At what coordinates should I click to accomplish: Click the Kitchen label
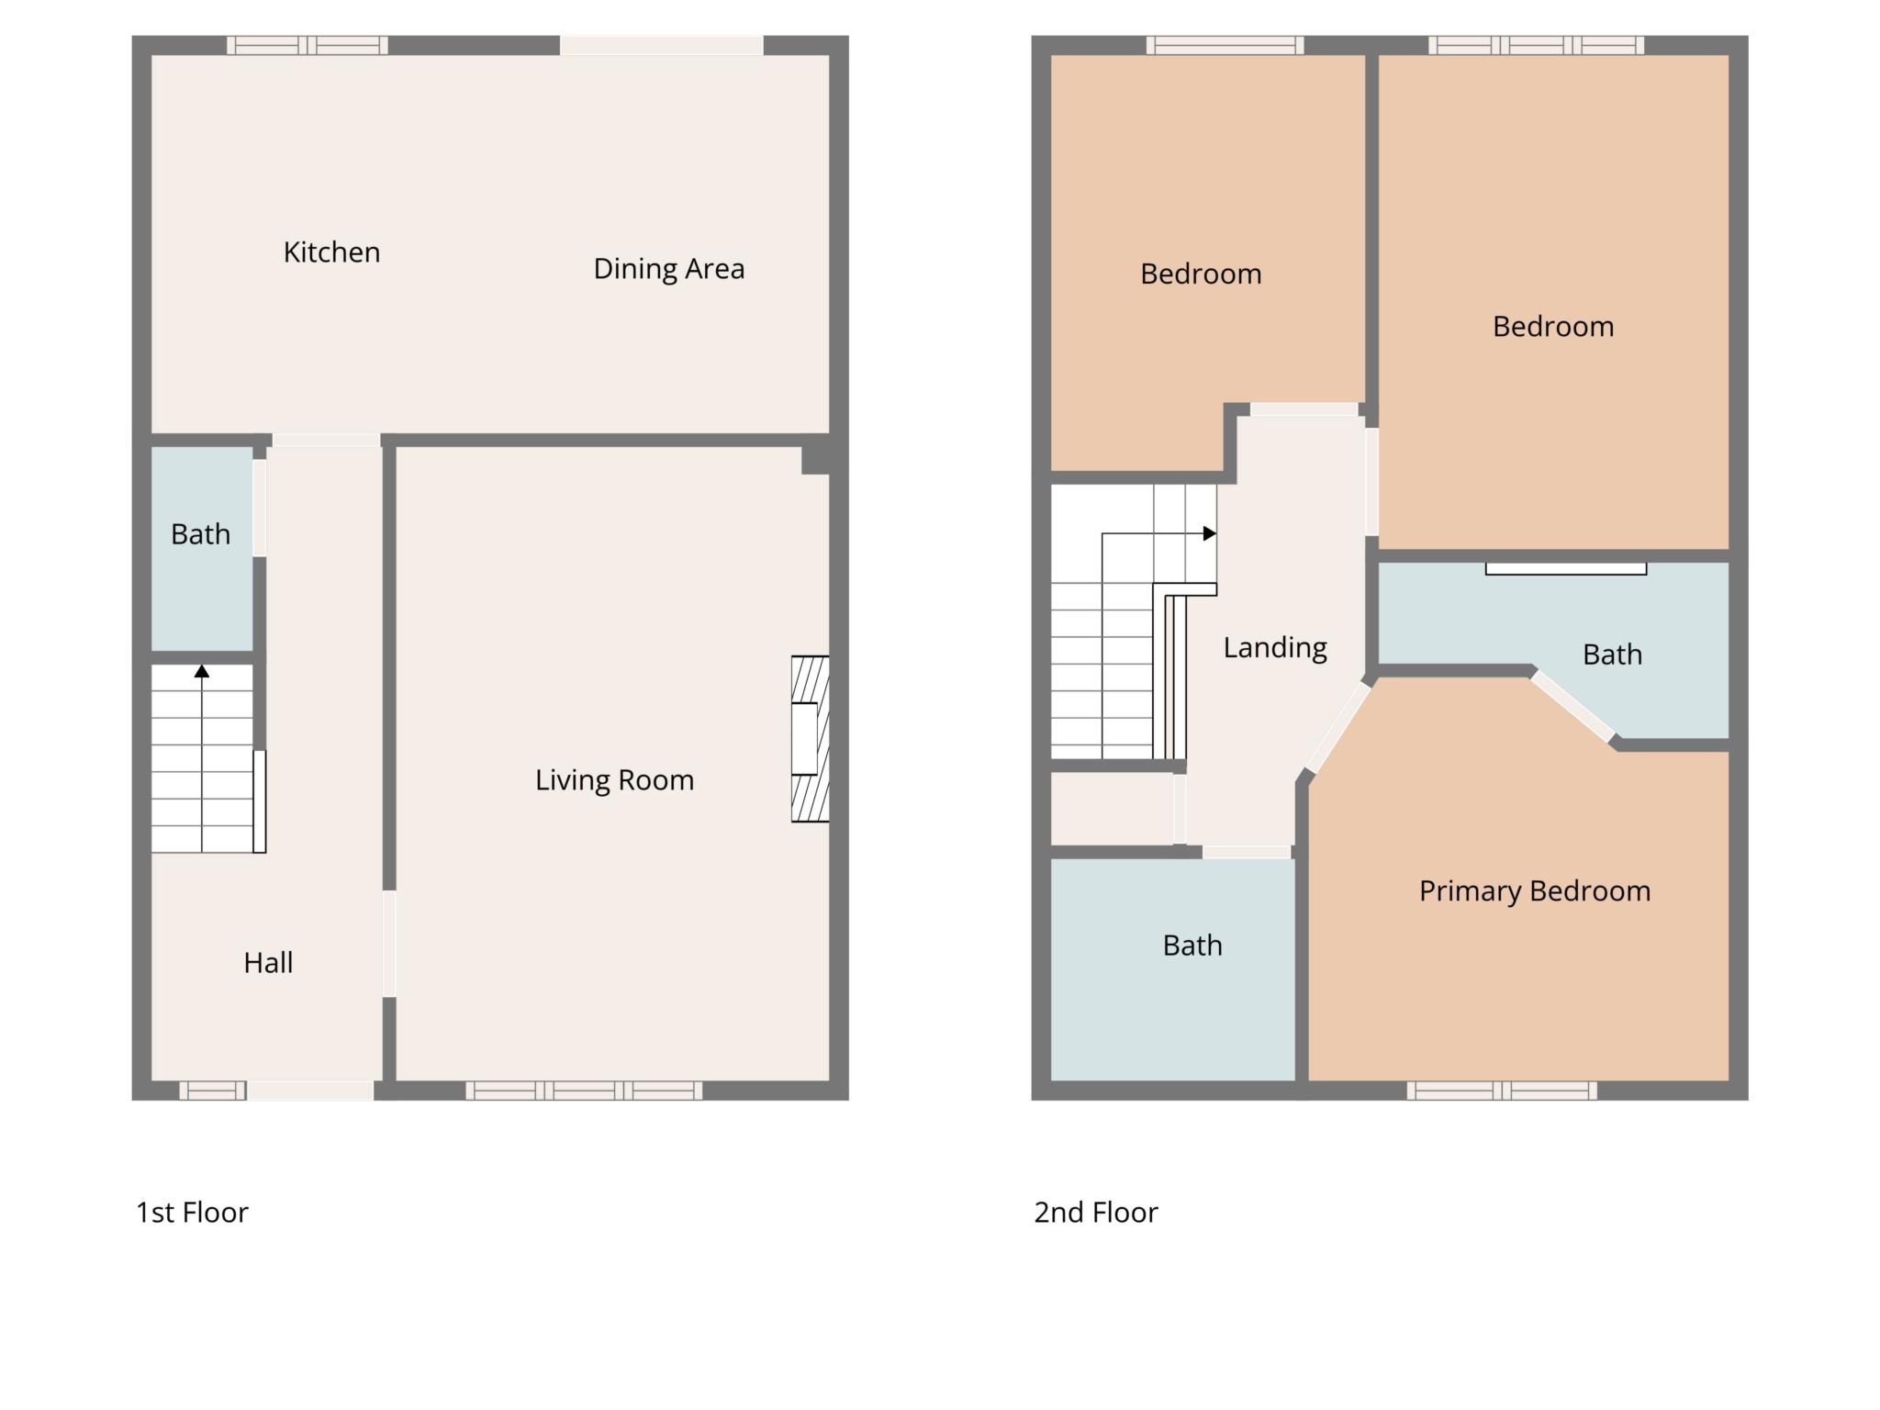point(331,252)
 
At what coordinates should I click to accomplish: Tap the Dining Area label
point(668,269)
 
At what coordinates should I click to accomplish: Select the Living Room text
point(614,780)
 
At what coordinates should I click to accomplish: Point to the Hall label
point(268,963)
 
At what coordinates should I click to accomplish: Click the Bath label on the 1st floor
point(200,534)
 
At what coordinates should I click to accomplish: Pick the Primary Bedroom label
point(1535,891)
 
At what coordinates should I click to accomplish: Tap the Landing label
point(1275,648)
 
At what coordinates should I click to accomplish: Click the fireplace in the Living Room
point(811,738)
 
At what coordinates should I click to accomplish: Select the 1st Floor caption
point(192,1213)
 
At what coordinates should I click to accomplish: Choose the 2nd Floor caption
point(1096,1213)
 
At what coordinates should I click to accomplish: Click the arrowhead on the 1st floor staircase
point(202,671)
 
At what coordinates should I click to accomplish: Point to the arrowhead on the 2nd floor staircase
point(1210,533)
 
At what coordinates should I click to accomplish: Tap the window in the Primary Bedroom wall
point(1502,1091)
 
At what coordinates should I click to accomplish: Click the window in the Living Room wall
point(584,1091)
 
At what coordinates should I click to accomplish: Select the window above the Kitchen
point(308,45)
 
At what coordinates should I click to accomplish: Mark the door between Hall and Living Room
point(389,944)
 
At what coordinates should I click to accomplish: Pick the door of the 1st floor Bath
point(260,508)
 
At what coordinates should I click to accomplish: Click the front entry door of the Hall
point(310,1091)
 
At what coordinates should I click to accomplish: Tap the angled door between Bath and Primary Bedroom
point(1572,706)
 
